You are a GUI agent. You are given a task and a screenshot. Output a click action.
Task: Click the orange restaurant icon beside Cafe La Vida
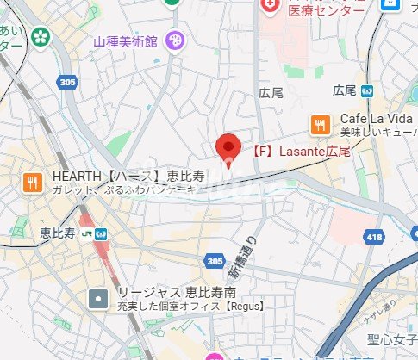(x=320, y=124)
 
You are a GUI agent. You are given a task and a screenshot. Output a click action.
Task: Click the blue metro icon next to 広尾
(x=367, y=90)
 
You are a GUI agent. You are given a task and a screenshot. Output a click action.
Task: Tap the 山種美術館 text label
(x=128, y=40)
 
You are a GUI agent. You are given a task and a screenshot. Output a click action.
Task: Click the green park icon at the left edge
(x=41, y=37)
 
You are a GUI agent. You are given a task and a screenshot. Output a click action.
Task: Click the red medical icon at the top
(x=271, y=6)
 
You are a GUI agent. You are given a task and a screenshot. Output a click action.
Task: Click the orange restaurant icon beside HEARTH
(x=33, y=181)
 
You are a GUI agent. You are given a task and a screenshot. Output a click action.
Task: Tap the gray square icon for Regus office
(x=100, y=300)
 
